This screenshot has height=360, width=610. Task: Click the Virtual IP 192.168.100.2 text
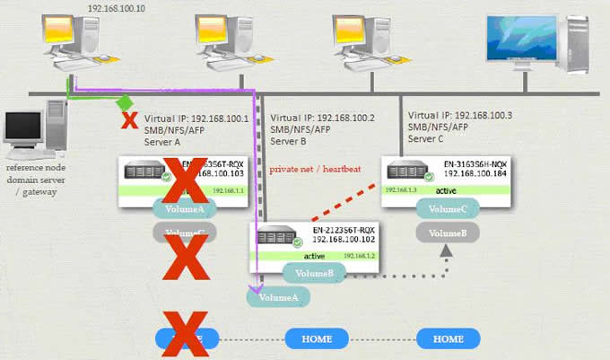[x=322, y=118]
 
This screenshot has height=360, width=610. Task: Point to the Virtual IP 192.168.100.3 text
[x=460, y=116]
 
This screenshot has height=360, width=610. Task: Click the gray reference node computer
[x=34, y=135]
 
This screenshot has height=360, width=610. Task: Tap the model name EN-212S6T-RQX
[x=344, y=231]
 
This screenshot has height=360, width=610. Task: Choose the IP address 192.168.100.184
[x=475, y=176]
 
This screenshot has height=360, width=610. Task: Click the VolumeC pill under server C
[x=448, y=208]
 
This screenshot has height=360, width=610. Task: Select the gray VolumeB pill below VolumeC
[x=448, y=233]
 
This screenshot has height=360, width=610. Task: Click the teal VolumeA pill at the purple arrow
[x=279, y=294]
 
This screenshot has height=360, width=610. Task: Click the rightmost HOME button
[x=448, y=339]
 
